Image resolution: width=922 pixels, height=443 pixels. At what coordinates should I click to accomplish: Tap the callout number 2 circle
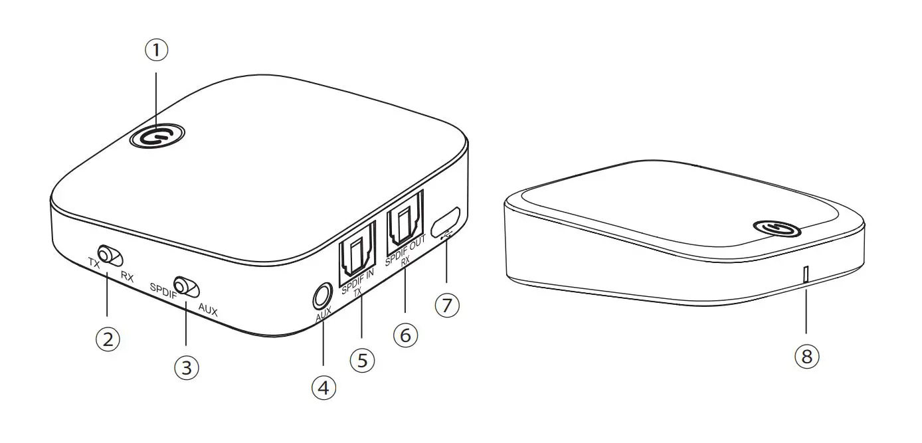click(108, 339)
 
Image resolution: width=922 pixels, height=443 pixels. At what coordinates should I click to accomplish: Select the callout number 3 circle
click(186, 366)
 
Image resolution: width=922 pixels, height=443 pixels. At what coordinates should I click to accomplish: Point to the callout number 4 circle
click(323, 387)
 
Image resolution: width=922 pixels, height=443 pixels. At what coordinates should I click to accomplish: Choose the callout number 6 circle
click(406, 335)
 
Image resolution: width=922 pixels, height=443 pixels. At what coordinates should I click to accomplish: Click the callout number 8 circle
click(806, 356)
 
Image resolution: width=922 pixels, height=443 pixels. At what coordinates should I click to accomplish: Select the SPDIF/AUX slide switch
click(187, 286)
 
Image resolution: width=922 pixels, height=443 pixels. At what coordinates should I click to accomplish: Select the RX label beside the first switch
click(127, 278)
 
